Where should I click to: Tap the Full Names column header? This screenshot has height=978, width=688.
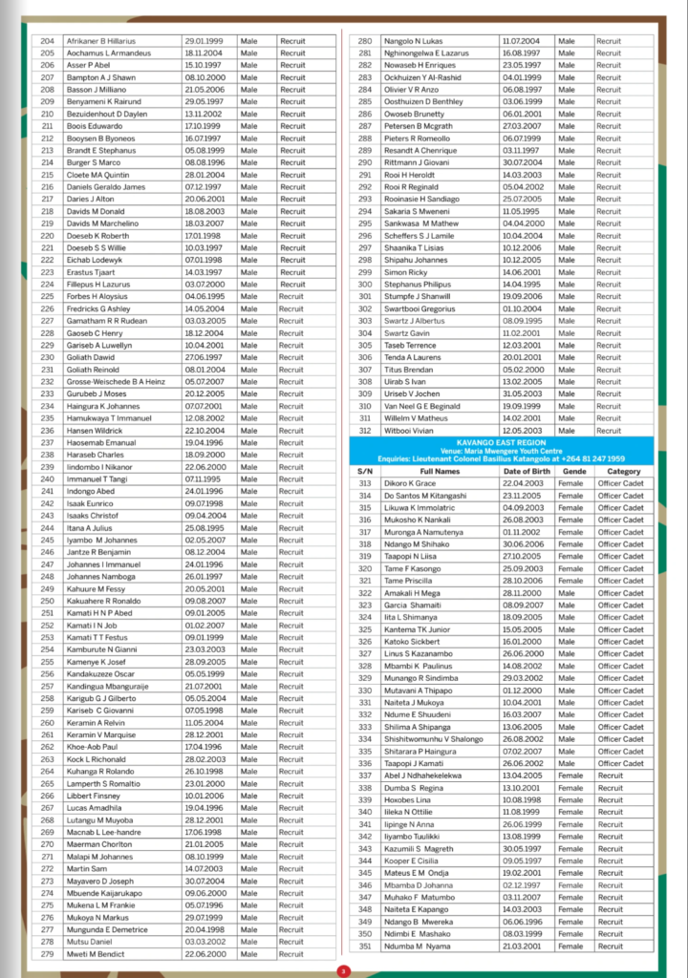point(440,471)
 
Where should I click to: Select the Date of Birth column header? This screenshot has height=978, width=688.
point(525,471)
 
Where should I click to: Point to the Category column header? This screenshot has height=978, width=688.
point(623,471)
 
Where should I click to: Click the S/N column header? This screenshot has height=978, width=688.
point(364,471)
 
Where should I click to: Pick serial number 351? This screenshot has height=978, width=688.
point(364,946)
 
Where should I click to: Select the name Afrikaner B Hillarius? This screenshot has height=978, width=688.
point(101,41)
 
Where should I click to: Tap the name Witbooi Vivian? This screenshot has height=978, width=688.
point(410,430)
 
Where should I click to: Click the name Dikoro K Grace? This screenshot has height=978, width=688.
point(410,483)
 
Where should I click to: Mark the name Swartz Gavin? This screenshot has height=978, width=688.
point(407,332)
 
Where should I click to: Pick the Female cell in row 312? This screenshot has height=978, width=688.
point(570,430)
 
